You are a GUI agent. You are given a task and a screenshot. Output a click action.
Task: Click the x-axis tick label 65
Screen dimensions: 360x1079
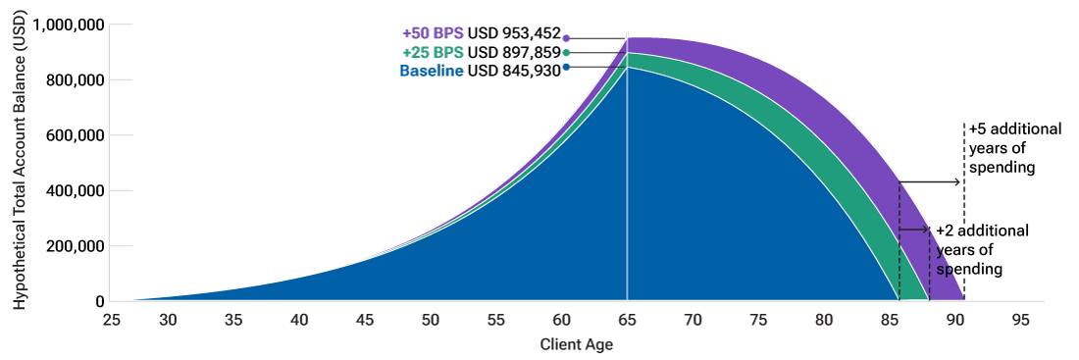[x=627, y=320]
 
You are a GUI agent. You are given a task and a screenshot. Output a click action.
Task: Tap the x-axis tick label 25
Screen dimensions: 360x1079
[x=110, y=320]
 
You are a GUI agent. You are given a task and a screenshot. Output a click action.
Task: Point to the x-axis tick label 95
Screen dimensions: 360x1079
[x=1021, y=320]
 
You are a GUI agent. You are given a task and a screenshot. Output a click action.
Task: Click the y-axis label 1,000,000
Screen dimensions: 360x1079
[x=69, y=25]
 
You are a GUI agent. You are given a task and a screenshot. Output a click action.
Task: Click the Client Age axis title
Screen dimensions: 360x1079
[x=577, y=344]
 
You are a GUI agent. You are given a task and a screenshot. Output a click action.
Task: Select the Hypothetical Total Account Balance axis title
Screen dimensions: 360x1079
[x=20, y=162]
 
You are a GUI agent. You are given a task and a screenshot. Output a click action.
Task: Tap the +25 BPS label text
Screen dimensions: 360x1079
[x=433, y=52]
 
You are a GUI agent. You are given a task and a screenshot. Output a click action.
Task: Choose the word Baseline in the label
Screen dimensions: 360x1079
[x=432, y=71]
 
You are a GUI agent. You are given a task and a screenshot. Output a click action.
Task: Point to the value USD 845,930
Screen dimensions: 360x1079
[x=514, y=71]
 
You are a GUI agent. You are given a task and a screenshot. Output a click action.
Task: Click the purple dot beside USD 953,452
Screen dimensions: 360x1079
[x=566, y=37]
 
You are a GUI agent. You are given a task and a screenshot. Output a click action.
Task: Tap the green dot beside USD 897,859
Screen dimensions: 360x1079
[x=566, y=52]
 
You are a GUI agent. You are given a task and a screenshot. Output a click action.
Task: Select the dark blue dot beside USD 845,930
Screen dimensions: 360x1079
[x=566, y=67]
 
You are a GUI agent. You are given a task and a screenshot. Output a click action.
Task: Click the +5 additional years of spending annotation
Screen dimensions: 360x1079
[x=1002, y=148]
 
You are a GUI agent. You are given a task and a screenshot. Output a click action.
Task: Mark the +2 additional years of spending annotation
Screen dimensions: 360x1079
[x=982, y=249]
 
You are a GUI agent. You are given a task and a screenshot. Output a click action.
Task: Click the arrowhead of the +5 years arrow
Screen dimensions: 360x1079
[x=960, y=181]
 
